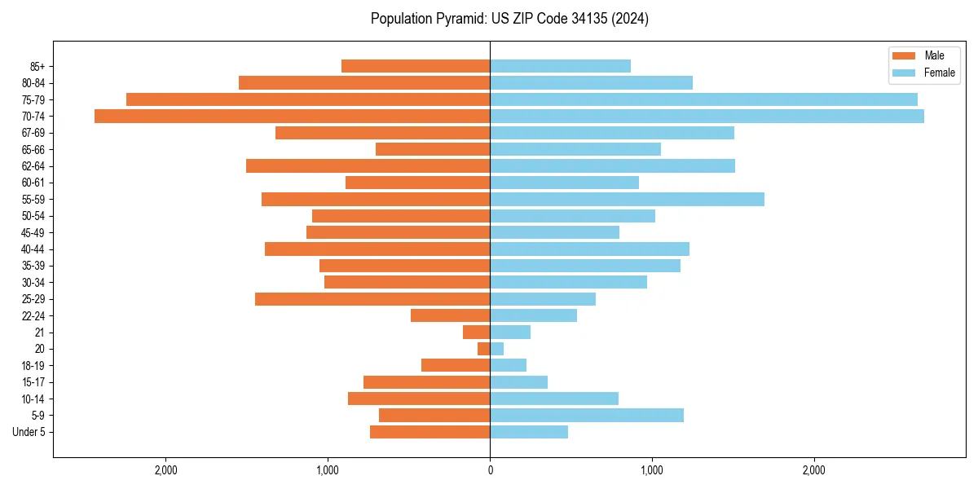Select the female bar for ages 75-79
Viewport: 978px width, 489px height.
coord(703,99)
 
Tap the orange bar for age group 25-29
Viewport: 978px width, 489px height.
coord(372,299)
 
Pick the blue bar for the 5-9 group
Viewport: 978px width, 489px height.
coord(587,416)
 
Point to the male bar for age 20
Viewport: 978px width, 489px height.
coord(484,349)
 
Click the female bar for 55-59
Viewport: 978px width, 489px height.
coord(627,200)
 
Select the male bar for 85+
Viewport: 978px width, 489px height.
coord(416,66)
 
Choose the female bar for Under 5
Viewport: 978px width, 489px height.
coord(529,432)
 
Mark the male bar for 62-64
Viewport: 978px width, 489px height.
coord(368,166)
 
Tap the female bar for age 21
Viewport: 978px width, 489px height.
coord(510,333)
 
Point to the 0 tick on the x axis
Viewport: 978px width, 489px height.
coord(490,470)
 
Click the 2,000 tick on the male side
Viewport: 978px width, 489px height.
coord(166,470)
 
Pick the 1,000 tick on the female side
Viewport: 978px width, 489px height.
coord(651,470)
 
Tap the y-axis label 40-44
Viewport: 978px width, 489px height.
coord(33,249)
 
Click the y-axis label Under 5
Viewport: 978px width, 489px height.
coord(29,432)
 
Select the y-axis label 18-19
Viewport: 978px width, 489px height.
coord(33,366)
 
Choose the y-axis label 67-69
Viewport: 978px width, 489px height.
coord(33,133)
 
